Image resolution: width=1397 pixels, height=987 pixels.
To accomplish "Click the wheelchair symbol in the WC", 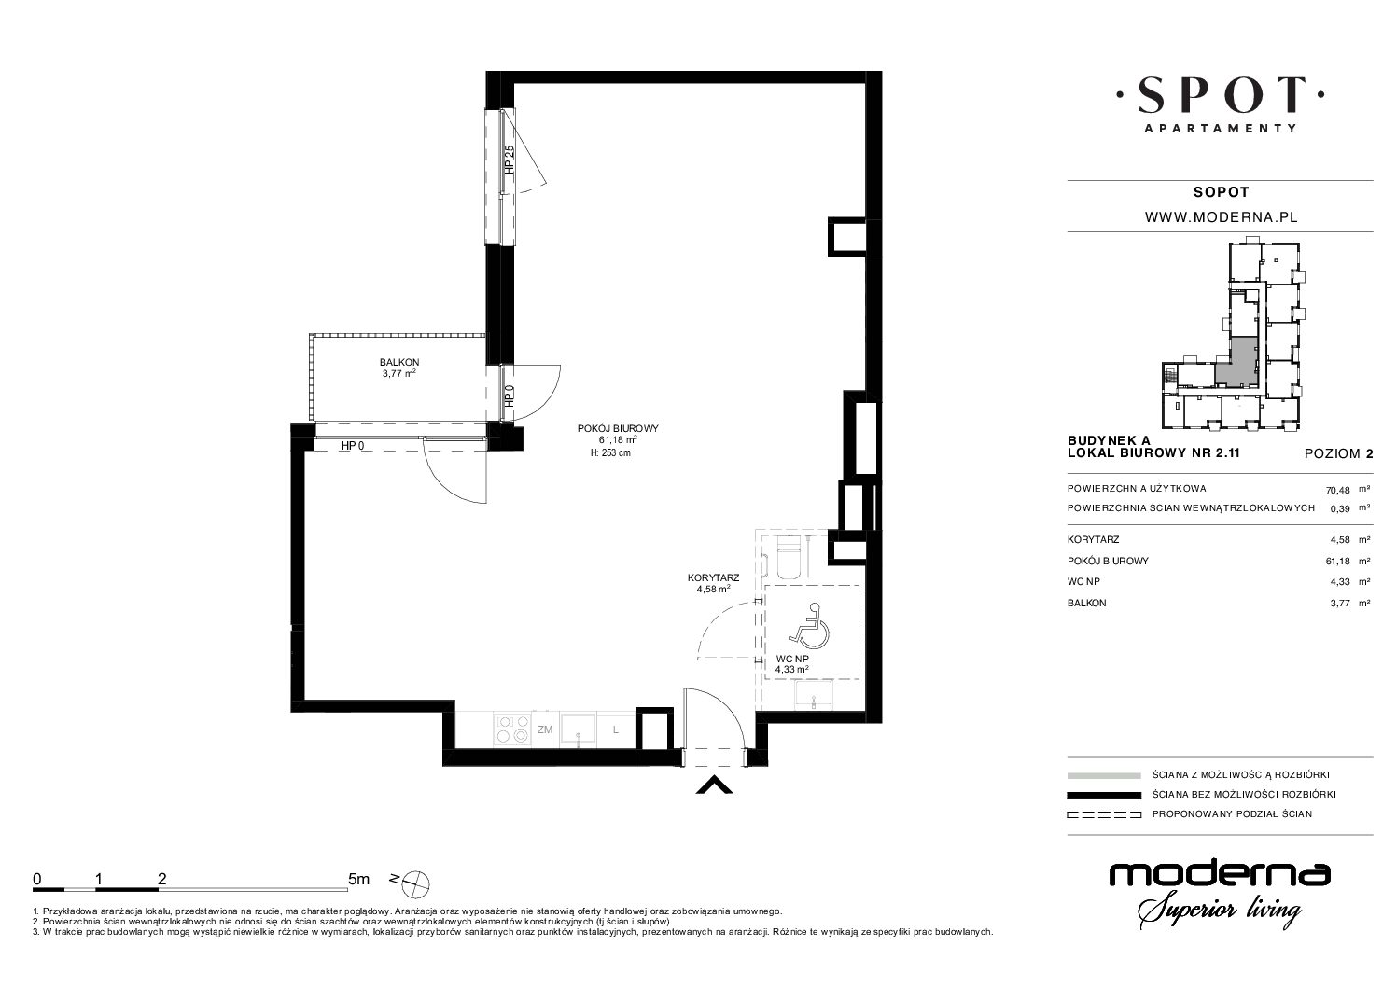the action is [810, 625].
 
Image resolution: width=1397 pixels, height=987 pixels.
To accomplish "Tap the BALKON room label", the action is [399, 362].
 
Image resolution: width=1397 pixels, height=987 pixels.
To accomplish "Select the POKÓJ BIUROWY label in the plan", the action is [618, 428].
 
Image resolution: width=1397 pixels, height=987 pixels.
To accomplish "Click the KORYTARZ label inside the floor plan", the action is [713, 578].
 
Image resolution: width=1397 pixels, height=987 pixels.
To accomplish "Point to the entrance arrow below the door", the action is [714, 786].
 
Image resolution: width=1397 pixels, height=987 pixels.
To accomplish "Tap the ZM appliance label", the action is [544, 730].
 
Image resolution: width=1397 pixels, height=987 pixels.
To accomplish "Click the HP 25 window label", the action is [509, 160].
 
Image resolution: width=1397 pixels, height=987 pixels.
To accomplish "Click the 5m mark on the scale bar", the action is [358, 879].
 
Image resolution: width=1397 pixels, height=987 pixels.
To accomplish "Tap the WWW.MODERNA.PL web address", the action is [1222, 217].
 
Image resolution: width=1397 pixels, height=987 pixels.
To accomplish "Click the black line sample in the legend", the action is [1104, 795].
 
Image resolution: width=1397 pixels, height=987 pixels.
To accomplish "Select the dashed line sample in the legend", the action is [1104, 814].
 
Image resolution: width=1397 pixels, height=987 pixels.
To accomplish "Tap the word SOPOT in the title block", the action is [1222, 192].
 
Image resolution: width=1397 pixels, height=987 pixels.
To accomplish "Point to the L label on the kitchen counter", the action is [616, 730].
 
